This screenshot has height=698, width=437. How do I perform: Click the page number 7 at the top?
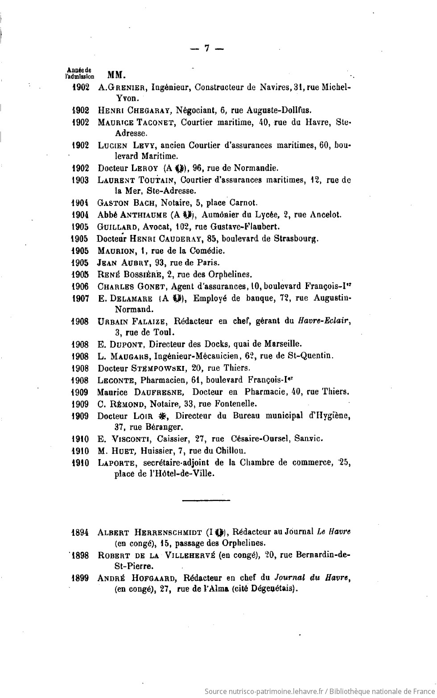pyautogui.click(x=206, y=49)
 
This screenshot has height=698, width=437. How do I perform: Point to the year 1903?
pyautogui.click(x=81, y=180)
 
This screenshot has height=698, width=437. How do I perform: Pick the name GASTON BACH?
pyautogui.click(x=125, y=203)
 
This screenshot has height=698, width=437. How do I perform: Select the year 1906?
pyautogui.click(x=80, y=286)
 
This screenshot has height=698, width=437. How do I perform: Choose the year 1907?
pyautogui.click(x=80, y=298)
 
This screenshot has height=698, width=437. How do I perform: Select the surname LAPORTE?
pyautogui.click(x=117, y=463)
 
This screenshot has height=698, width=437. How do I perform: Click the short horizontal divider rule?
pyautogui.click(x=206, y=500)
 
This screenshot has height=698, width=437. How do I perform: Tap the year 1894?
pyautogui.click(x=80, y=532)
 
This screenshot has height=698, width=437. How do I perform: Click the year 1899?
pyautogui.click(x=80, y=579)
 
